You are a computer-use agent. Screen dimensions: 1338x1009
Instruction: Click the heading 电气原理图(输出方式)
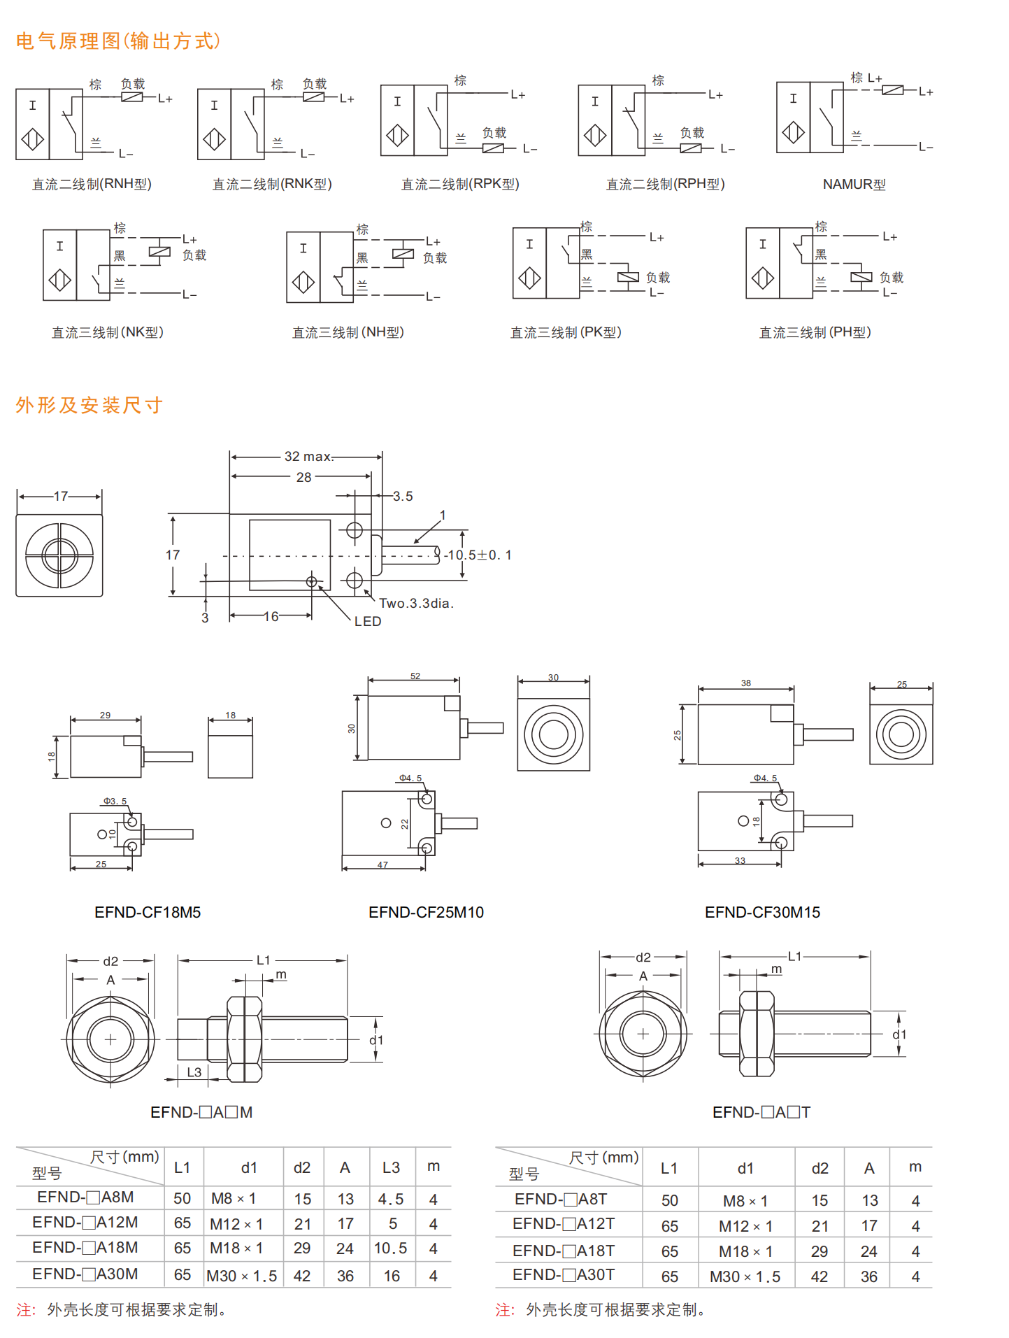(118, 41)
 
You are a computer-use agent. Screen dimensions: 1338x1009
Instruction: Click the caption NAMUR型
(854, 185)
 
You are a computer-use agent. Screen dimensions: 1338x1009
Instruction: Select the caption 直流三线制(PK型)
(566, 333)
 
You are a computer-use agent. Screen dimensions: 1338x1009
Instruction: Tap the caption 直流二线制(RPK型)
(460, 185)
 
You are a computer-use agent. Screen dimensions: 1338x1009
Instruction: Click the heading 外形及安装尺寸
(90, 406)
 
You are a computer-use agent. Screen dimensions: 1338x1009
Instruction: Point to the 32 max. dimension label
(308, 457)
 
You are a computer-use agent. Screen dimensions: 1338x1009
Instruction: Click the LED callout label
(368, 621)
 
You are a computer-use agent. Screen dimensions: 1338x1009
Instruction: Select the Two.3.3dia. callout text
(416, 603)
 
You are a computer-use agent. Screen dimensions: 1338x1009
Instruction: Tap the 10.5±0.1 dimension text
(479, 555)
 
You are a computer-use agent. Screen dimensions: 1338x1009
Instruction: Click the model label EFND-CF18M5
(148, 912)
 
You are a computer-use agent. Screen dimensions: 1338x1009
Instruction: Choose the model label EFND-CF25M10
(426, 912)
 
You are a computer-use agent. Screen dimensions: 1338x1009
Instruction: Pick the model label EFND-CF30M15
(762, 912)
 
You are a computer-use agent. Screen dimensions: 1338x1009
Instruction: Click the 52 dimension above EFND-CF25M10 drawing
(415, 676)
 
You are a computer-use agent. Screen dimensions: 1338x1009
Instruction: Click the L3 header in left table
(391, 1167)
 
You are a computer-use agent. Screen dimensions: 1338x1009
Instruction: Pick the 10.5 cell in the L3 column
(390, 1248)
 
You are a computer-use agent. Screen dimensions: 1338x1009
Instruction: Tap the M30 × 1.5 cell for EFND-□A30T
(745, 1276)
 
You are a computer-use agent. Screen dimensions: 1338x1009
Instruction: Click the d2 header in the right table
(820, 1169)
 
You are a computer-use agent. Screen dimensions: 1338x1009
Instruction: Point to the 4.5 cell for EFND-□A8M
(390, 1200)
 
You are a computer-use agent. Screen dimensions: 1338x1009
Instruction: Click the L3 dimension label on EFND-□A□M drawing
(194, 1072)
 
